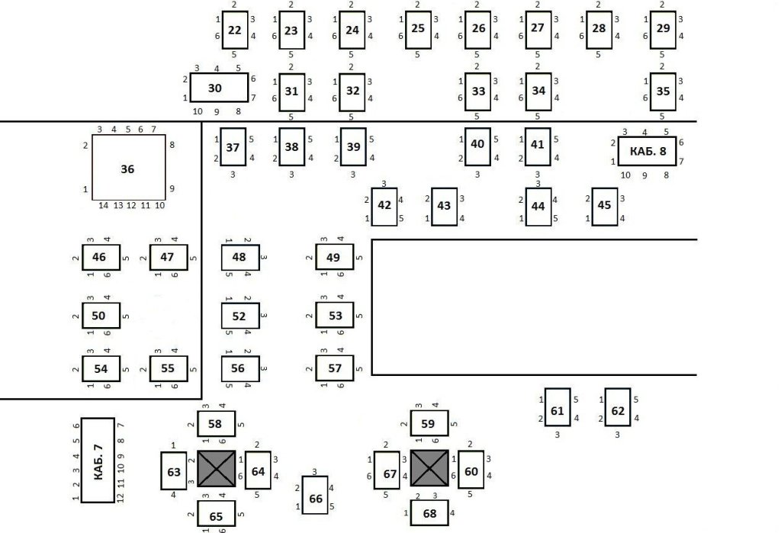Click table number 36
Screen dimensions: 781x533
128,167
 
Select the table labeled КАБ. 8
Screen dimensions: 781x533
647,151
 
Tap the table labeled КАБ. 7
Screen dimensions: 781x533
98,460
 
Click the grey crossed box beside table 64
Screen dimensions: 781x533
217,468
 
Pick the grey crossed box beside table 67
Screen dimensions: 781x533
429,468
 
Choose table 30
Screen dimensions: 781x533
219,88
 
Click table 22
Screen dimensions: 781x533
235,30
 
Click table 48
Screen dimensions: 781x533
240,257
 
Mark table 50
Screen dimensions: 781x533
101,316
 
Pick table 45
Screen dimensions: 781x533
605,206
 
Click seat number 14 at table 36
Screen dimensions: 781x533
104,205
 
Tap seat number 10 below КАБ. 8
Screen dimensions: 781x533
625,175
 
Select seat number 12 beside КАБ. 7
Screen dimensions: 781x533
120,497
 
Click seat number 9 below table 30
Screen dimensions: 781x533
217,112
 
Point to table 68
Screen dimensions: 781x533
429,512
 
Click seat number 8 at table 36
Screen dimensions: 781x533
172,145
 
